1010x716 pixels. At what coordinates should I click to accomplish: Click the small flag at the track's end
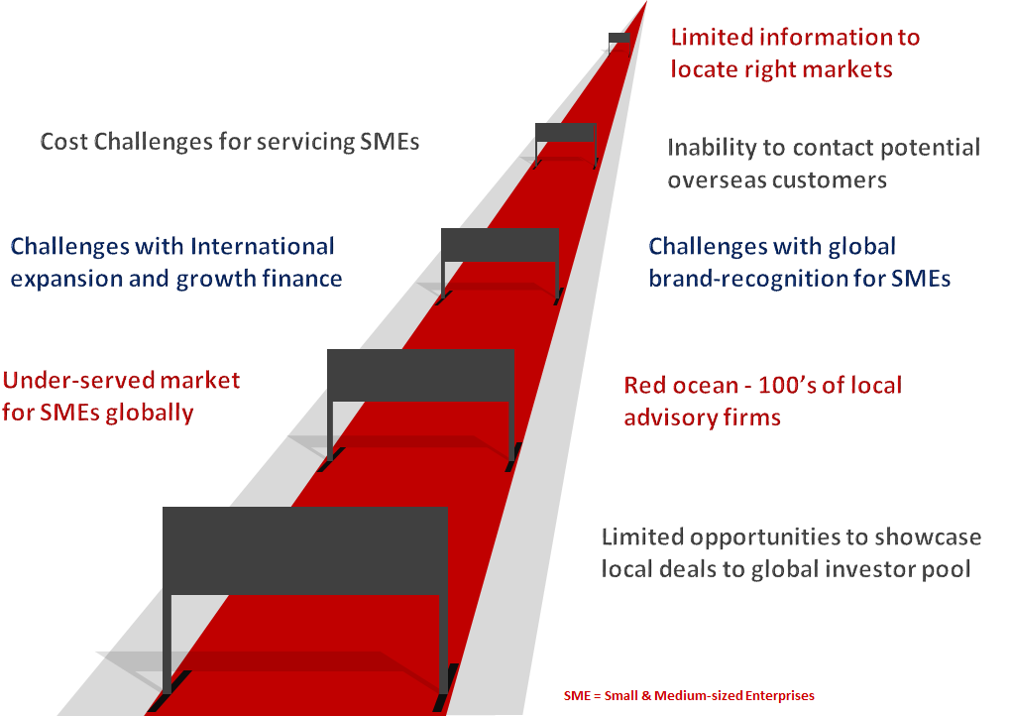619,39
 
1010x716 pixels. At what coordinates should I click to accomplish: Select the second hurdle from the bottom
421,375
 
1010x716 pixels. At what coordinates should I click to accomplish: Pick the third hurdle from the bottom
500,245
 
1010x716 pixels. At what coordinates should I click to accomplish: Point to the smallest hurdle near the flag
565,133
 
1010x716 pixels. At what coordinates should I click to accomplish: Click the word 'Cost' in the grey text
64,142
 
